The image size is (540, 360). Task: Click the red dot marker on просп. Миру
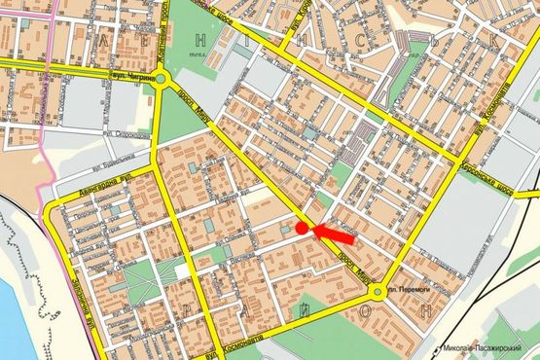click(302, 228)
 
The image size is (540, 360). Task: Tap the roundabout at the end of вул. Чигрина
click(162, 80)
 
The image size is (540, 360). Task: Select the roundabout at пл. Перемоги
click(377, 290)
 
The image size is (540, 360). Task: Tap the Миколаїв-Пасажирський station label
click(489, 348)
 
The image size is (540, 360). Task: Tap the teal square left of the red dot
click(284, 227)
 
